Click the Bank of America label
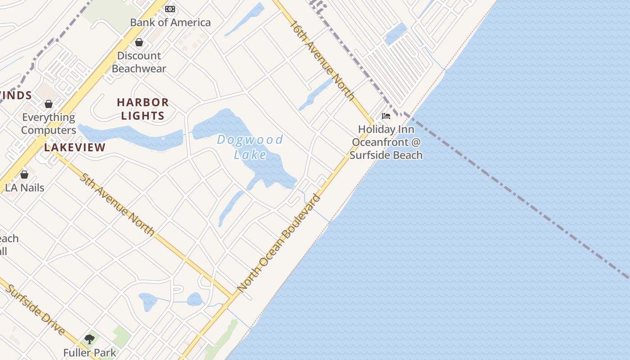(170, 22)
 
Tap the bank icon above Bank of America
(170, 9)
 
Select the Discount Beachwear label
(139, 62)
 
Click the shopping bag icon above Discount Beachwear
(139, 42)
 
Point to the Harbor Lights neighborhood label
(143, 109)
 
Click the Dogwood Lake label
(250, 147)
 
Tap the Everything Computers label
(49, 124)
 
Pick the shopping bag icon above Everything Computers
(49, 104)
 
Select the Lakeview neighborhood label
(75, 147)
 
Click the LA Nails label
(25, 187)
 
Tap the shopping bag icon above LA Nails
(24, 174)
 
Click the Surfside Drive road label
(35, 310)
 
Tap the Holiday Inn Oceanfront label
(386, 142)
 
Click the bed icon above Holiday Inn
(386, 116)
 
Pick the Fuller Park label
(90, 353)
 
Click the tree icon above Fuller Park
(90, 339)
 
